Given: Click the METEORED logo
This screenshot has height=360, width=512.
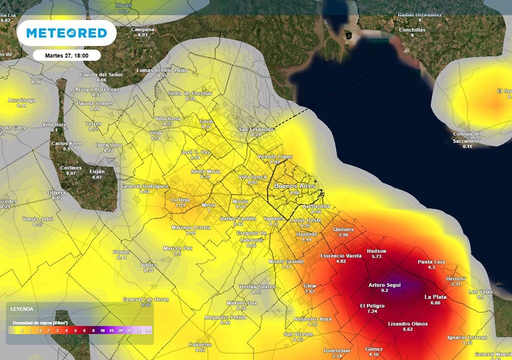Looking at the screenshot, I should (66, 33).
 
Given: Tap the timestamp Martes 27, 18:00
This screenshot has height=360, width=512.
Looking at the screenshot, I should (67, 55).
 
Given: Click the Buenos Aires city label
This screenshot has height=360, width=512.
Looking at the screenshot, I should (294, 186).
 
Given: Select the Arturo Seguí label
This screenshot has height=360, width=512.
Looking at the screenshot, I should (384, 285).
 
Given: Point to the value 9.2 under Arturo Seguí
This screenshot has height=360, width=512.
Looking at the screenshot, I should (384, 290).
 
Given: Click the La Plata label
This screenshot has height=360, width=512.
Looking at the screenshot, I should (435, 296).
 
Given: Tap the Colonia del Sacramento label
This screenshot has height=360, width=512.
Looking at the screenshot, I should (467, 137).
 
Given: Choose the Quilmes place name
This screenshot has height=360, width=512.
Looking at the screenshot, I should (343, 229).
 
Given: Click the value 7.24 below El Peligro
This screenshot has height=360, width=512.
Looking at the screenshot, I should (372, 311).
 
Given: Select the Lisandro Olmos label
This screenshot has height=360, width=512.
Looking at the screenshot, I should (407, 323).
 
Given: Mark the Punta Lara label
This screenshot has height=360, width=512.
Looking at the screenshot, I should (431, 261).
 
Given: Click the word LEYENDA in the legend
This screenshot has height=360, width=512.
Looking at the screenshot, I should (22, 309).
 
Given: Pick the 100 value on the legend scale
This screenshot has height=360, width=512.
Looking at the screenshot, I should (147, 330).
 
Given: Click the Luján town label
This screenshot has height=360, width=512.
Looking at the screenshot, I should (97, 171).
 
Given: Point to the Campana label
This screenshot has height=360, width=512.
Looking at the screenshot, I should (142, 29).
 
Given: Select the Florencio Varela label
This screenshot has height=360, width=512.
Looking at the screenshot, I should (341, 255).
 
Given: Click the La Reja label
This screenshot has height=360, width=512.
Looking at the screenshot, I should (180, 199).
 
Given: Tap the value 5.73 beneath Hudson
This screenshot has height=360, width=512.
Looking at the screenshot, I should (376, 256).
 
